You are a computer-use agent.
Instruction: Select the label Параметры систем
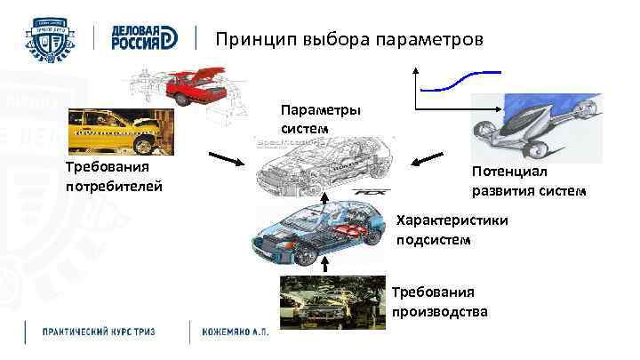click(320, 118)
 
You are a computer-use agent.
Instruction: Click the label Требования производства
click(439, 301)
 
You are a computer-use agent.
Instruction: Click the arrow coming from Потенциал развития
click(428, 159)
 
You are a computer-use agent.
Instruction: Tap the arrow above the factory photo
click(325, 264)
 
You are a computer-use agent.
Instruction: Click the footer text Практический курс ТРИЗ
click(99, 332)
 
